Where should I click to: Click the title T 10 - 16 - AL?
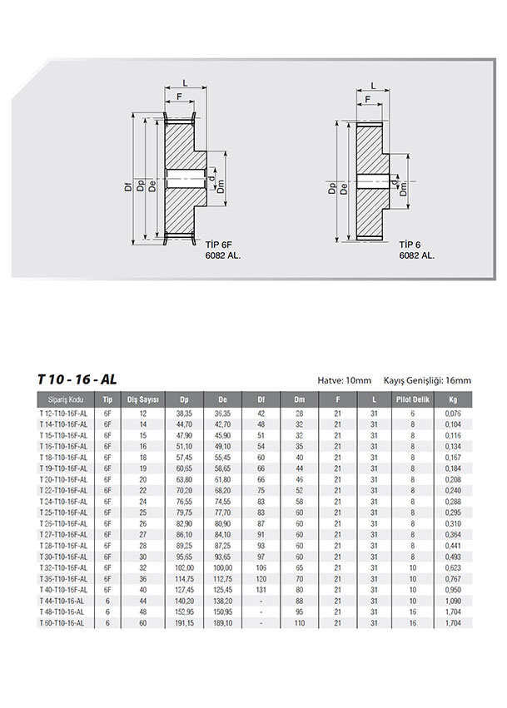pyautogui.click(x=77, y=379)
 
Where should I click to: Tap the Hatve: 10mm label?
pyautogui.click(x=345, y=380)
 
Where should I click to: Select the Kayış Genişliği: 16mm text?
pyautogui.click(x=427, y=380)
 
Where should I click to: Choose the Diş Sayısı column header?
pyautogui.click(x=142, y=399)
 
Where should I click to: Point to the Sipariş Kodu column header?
pyautogui.click(x=67, y=399)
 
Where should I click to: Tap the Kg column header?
pyautogui.click(x=453, y=399)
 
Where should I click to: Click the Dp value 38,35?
pyautogui.click(x=184, y=412)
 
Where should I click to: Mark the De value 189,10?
pyautogui.click(x=222, y=621)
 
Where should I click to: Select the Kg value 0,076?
pyautogui.click(x=453, y=412)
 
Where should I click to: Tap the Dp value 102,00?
pyautogui.click(x=184, y=566)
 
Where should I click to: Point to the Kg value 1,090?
pyautogui.click(x=453, y=599)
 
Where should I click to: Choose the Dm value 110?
pyautogui.click(x=300, y=621)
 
